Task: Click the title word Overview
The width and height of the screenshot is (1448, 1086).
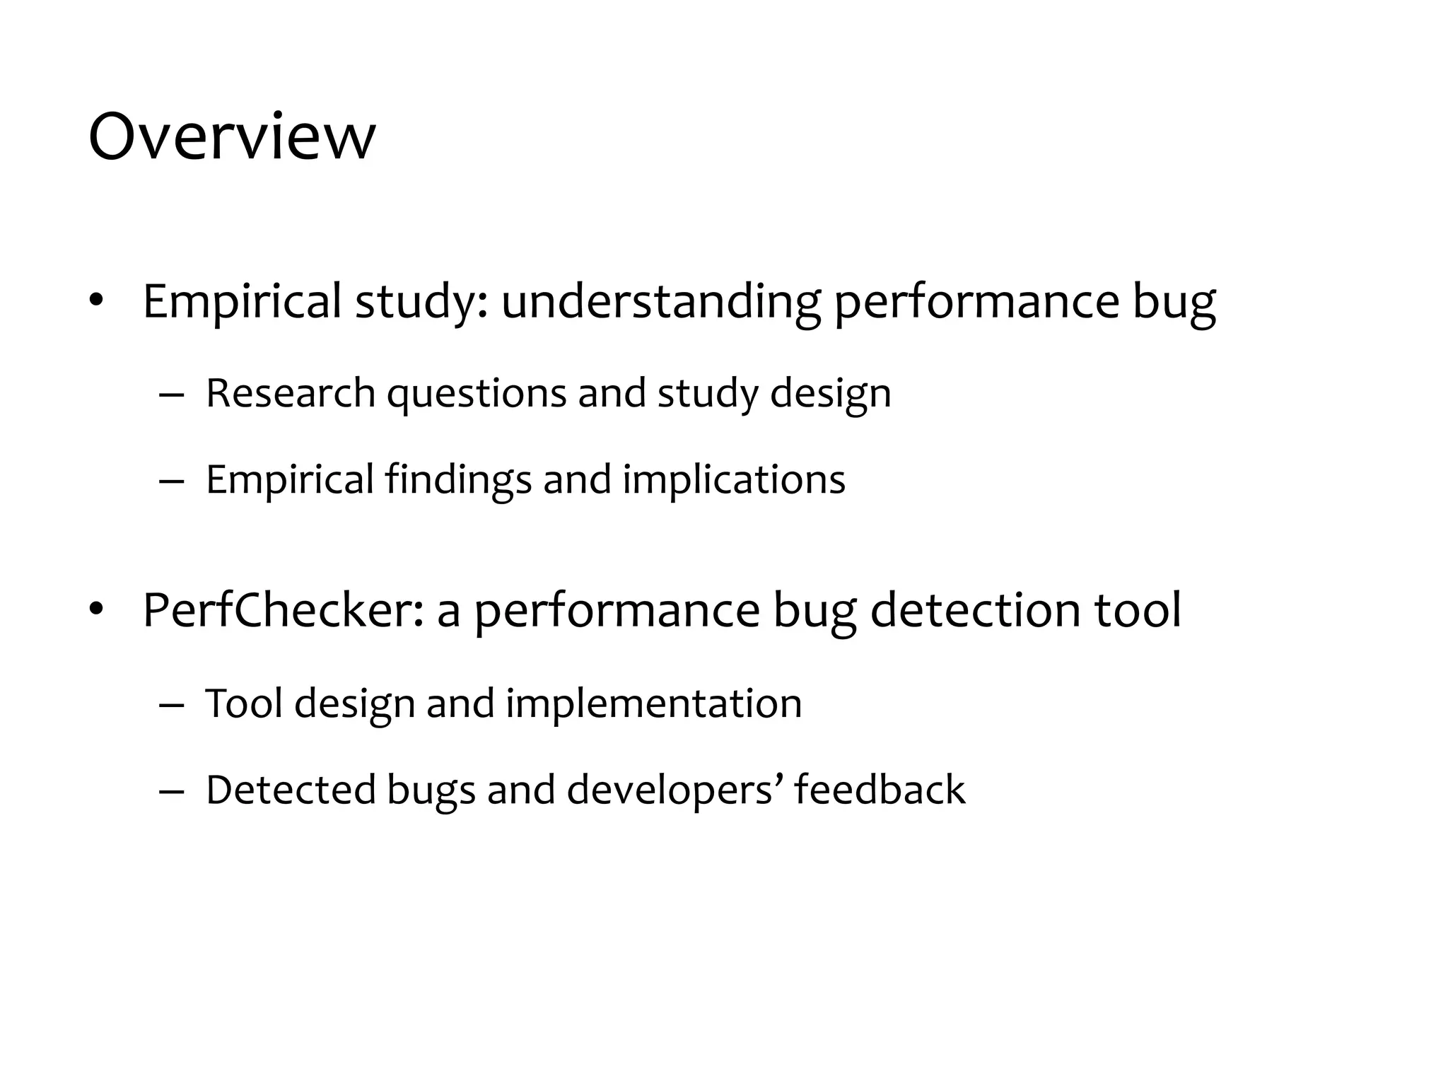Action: coord(232,136)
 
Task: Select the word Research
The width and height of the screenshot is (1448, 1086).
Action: coord(290,393)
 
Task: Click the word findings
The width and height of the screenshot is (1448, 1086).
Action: coord(458,480)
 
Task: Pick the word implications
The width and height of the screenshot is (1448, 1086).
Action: coord(734,480)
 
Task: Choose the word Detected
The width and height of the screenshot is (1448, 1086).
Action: coord(291,789)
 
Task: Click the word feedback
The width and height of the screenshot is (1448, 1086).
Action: coord(880,789)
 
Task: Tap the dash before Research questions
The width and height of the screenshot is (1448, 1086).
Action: coord(171,395)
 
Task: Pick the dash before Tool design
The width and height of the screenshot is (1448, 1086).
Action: coord(171,705)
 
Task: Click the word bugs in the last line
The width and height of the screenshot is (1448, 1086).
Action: coord(431,790)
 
